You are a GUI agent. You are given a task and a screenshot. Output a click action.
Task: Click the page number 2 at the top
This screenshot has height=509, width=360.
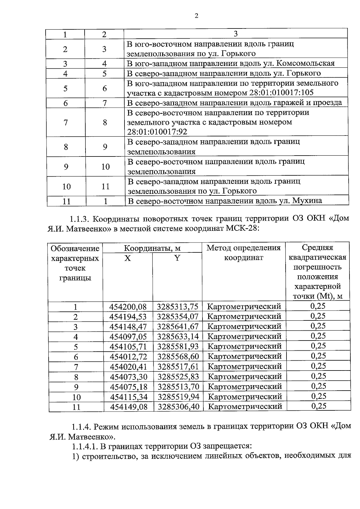[x=196, y=16]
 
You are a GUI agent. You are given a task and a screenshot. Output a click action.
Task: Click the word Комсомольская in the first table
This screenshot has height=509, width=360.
[x=305, y=64]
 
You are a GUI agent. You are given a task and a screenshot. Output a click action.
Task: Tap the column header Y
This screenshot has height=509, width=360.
[x=177, y=258]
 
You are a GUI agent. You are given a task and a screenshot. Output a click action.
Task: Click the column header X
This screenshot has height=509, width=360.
[x=128, y=258]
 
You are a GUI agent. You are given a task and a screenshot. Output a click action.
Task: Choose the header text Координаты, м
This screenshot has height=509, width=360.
[x=152, y=248]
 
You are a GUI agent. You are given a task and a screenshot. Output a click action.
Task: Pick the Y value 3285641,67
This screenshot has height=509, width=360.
[x=178, y=326]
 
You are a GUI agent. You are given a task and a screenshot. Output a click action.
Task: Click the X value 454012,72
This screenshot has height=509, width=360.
[x=128, y=356]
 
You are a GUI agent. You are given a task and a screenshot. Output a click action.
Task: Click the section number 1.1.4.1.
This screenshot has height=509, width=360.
[x=85, y=446]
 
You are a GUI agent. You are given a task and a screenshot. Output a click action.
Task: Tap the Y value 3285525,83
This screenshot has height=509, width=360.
[x=178, y=377]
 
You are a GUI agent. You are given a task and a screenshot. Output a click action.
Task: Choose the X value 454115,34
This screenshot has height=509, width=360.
[x=129, y=397]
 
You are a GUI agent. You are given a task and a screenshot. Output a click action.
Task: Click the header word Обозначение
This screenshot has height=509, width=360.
[x=75, y=249]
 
